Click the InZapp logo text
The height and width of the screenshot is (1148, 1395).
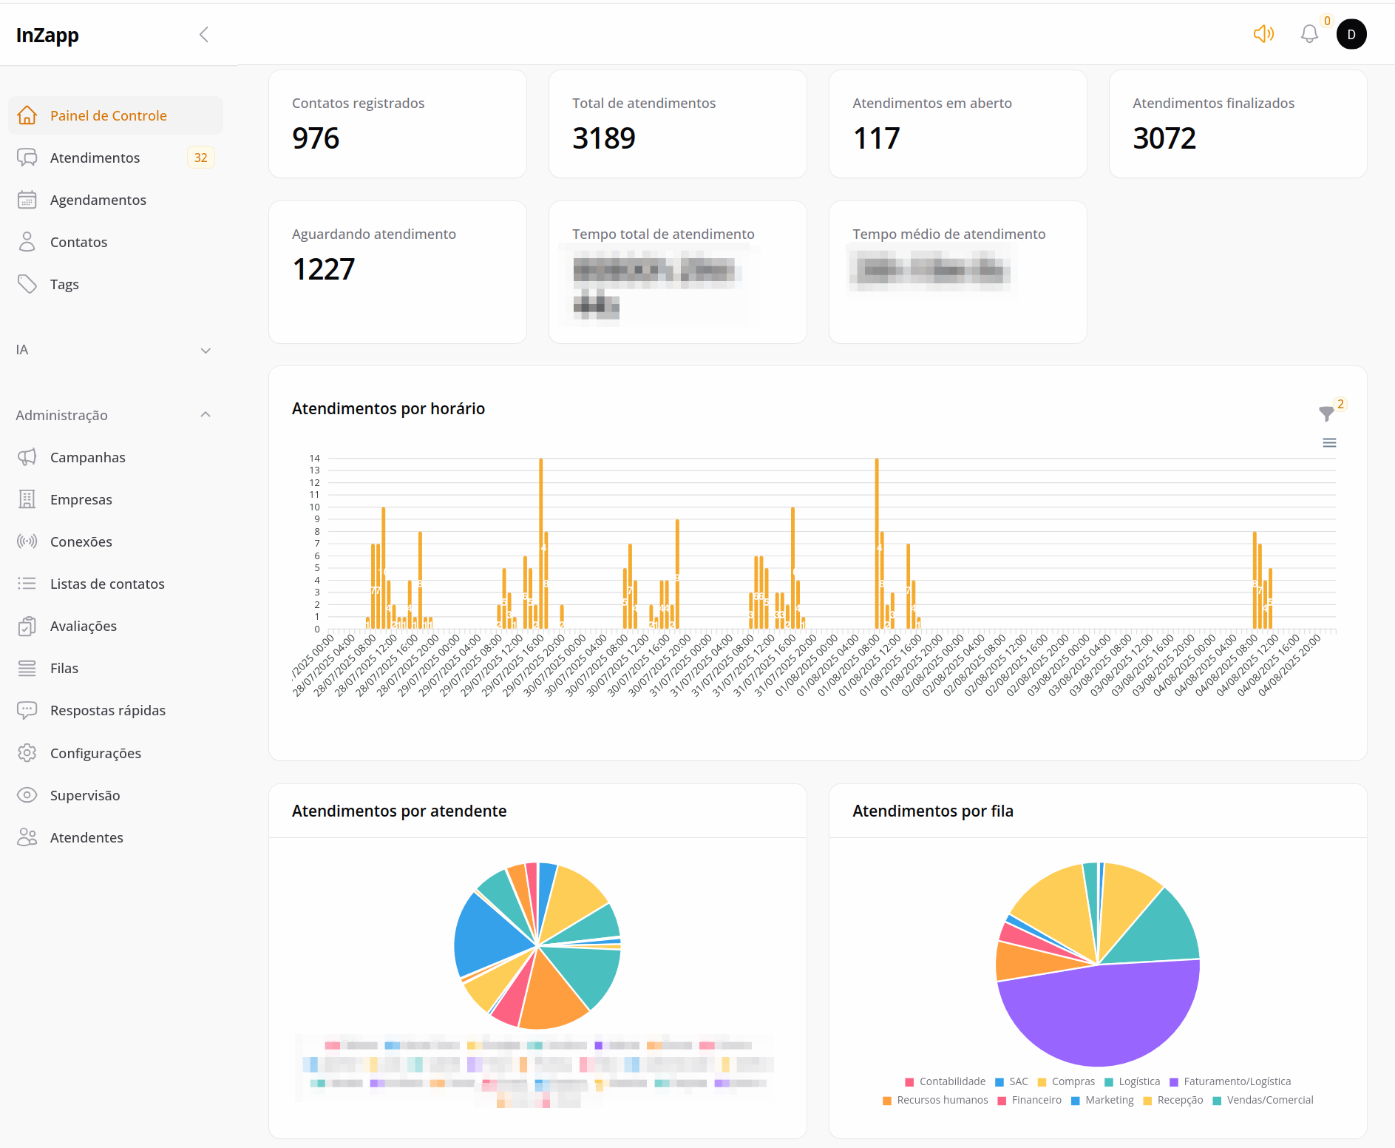pyautogui.click(x=47, y=35)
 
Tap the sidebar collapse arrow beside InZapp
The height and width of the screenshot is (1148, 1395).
pyautogui.click(x=204, y=35)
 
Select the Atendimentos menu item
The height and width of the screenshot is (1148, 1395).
pyautogui.click(x=95, y=158)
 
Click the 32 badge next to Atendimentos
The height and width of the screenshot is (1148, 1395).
pyautogui.click(x=200, y=158)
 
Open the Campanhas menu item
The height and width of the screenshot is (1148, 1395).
pyautogui.click(x=87, y=457)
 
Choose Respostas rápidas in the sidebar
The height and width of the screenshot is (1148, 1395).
pyautogui.click(x=107, y=710)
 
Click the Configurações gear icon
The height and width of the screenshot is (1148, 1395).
pyautogui.click(x=27, y=753)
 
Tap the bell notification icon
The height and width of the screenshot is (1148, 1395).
pyautogui.click(x=1309, y=34)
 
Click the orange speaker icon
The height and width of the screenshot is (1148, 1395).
pyautogui.click(x=1263, y=34)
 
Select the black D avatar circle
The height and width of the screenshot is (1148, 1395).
pyautogui.click(x=1351, y=34)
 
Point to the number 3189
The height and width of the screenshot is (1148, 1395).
pyautogui.click(x=603, y=138)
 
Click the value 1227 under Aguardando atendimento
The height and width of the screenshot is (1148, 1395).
pyautogui.click(x=323, y=269)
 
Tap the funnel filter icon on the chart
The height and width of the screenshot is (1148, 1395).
pyautogui.click(x=1326, y=413)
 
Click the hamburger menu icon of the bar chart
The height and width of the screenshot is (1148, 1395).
pyautogui.click(x=1329, y=443)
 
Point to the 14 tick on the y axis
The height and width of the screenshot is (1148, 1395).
pyautogui.click(x=315, y=459)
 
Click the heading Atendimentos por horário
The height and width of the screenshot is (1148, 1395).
pyautogui.click(x=388, y=408)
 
